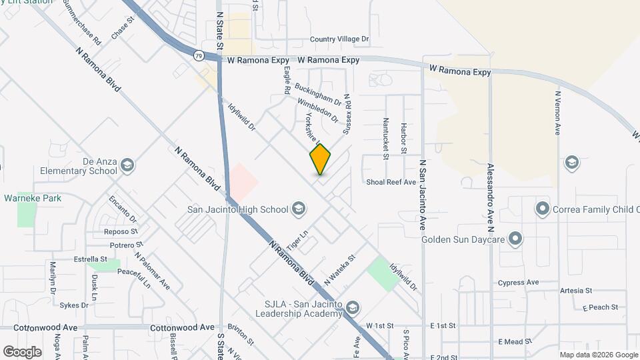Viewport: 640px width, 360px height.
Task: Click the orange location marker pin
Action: tap(320, 159)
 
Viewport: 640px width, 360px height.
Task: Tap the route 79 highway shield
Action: tap(199, 56)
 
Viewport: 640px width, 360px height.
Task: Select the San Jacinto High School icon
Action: tap(298, 209)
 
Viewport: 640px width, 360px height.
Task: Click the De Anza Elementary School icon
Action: tap(127, 165)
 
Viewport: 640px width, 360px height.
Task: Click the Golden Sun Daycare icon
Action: tap(515, 238)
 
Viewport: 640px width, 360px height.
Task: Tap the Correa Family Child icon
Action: tap(542, 209)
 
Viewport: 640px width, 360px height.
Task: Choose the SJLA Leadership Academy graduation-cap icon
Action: tap(352, 307)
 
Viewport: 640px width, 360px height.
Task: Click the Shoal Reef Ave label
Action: tap(391, 182)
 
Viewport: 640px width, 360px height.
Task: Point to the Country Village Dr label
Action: tap(339, 40)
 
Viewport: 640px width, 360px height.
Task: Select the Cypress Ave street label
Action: tap(522, 283)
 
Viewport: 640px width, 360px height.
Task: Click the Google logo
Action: tap(22, 351)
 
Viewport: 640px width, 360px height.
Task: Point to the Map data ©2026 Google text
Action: tap(598, 355)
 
